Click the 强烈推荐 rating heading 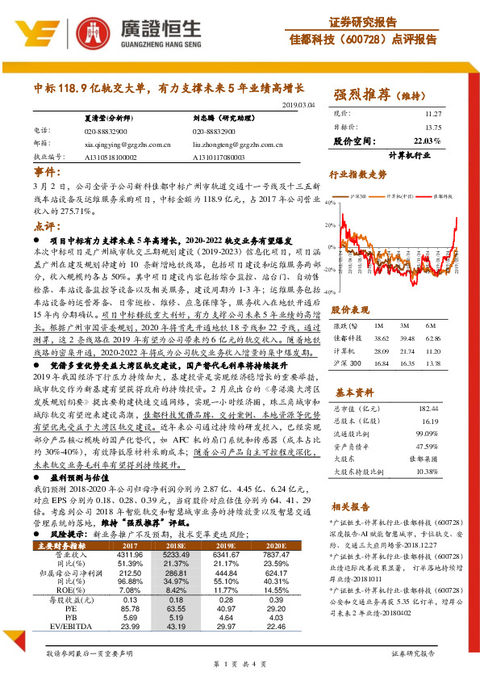(x=359, y=96)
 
